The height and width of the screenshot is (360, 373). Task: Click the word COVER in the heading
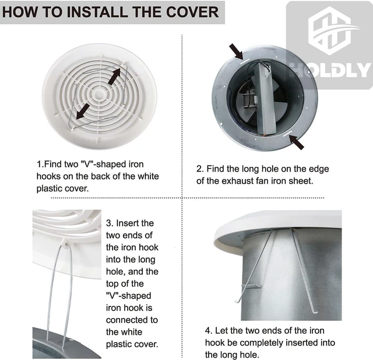point(192,12)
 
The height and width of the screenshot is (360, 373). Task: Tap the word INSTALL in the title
point(98,12)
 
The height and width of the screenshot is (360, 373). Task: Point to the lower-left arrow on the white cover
point(83,111)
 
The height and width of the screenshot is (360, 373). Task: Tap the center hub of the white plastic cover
point(98,94)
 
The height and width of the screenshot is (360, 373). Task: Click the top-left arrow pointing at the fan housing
point(236,51)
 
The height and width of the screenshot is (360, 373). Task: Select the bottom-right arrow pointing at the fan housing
point(297,142)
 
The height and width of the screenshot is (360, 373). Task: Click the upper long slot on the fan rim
point(245,62)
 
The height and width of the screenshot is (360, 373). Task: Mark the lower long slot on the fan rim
point(287,134)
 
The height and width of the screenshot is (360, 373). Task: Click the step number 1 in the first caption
point(39,165)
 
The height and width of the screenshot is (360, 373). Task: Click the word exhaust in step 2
point(238,181)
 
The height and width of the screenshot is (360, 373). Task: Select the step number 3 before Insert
point(109,223)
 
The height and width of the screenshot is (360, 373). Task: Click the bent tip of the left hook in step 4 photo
point(237,302)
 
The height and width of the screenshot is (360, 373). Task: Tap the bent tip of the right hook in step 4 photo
point(315,312)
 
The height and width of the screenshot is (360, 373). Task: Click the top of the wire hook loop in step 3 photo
point(67,244)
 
